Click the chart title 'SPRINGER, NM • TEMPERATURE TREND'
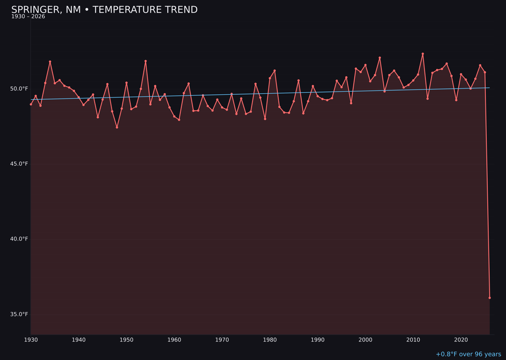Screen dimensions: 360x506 pos(104,10)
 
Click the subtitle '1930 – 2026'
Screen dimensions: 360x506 pos(28,16)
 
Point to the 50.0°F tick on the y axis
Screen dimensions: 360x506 pos(20,89)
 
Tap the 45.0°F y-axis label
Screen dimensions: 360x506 pos(20,164)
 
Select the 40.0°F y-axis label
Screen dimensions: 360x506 pos(20,239)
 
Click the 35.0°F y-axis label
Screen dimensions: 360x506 pos(20,314)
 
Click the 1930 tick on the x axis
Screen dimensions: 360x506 pos(31,339)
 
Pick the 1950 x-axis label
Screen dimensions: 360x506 pos(126,339)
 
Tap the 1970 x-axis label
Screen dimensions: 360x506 pos(222,339)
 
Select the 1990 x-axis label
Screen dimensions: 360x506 pos(318,339)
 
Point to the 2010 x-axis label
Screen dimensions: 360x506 pos(413,339)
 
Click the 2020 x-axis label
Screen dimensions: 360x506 pos(461,339)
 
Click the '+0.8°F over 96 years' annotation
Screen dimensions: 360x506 pos(468,354)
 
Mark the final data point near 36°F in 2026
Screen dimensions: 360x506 pos(490,298)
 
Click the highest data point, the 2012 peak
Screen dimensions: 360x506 pos(423,54)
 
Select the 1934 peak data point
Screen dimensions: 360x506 pos(50,61)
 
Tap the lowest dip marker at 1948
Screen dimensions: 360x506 pos(117,127)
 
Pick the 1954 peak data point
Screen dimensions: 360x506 pos(146,61)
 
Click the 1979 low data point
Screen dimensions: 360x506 pos(265,119)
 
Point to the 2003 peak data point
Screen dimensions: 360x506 pos(380,58)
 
